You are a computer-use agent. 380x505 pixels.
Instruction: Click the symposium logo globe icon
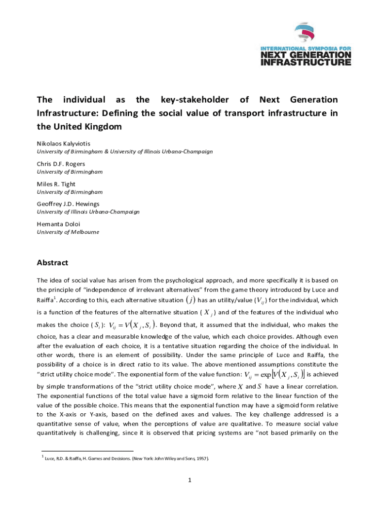305,33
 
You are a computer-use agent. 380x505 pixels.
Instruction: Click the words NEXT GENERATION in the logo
305,54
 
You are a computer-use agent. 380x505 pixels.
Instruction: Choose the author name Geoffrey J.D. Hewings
68,204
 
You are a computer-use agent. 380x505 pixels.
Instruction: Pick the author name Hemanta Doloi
57,224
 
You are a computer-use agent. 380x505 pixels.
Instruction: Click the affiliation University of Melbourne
68,232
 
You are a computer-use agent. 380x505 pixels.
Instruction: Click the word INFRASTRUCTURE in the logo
305,62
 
